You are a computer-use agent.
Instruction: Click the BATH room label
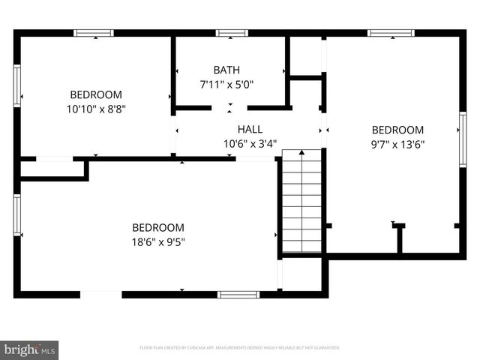point(226,70)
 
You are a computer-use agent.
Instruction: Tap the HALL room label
point(250,129)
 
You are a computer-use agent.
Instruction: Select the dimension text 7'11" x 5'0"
point(226,85)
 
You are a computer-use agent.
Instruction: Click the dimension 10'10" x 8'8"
point(95,109)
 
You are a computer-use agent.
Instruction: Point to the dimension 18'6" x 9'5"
point(158,241)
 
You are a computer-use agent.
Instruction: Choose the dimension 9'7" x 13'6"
point(398,145)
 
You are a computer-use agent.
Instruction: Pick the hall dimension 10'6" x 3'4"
point(250,143)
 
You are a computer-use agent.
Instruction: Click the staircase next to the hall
point(301,202)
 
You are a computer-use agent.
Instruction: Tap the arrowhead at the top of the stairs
point(301,154)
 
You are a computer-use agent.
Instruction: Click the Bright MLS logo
point(30,349)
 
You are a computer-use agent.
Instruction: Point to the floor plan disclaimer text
point(240,348)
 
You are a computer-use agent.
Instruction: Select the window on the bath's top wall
point(232,33)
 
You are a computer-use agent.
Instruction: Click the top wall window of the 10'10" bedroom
point(93,33)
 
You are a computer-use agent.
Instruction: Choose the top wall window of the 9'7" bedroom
point(391,33)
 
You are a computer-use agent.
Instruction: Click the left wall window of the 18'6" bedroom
point(16,215)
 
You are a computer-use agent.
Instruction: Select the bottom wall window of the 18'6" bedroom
point(238,294)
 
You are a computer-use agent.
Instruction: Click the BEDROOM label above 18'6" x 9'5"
point(158,227)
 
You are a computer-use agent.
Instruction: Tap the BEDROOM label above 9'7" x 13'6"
point(398,130)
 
